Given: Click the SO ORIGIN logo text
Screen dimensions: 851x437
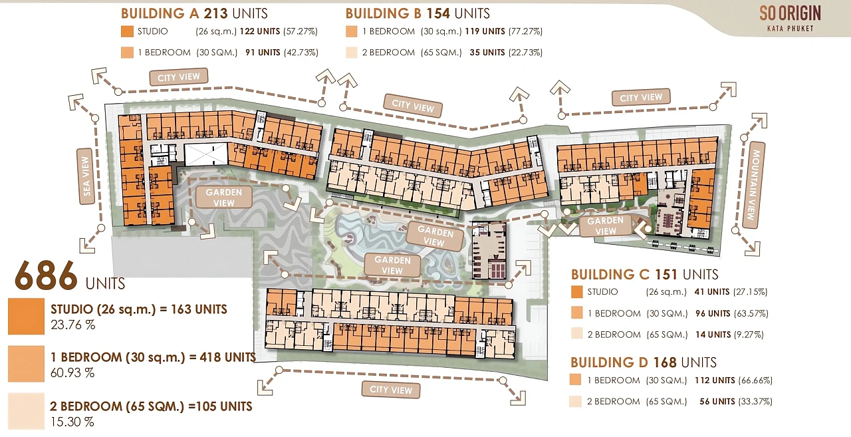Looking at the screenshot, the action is click(x=790, y=14).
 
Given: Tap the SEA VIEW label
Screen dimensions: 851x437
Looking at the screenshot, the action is click(x=86, y=176).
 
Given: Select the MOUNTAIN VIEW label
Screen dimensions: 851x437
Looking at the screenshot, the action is click(x=753, y=185).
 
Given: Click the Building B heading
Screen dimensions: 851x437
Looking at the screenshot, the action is click(x=418, y=14).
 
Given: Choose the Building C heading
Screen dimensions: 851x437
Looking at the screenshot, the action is click(x=645, y=274).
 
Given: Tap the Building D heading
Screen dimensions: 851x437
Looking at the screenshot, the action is click(x=644, y=362).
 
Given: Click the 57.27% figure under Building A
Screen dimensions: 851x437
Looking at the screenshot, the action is click(x=301, y=31).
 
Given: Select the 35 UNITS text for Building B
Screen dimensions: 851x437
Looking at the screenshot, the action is click(x=487, y=53).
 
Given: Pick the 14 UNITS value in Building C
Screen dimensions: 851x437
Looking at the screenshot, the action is click(x=713, y=335).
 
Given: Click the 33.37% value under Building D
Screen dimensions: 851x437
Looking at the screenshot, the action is click(x=755, y=401).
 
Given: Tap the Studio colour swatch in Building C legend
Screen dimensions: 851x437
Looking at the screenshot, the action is click(x=576, y=292).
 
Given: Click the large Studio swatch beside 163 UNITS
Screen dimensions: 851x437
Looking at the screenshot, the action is click(x=26, y=316).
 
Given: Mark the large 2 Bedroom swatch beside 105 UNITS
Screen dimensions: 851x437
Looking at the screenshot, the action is click(x=26, y=411).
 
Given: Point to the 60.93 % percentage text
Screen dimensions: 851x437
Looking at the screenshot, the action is click(x=72, y=372).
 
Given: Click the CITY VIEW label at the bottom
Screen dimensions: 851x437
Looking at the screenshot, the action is click(x=391, y=390).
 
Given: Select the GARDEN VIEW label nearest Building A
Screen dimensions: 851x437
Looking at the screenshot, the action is click(x=224, y=198).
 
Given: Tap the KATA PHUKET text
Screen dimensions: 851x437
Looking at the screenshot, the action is click(x=790, y=29).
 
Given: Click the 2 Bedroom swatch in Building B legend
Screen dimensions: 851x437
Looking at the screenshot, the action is click(x=352, y=53).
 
